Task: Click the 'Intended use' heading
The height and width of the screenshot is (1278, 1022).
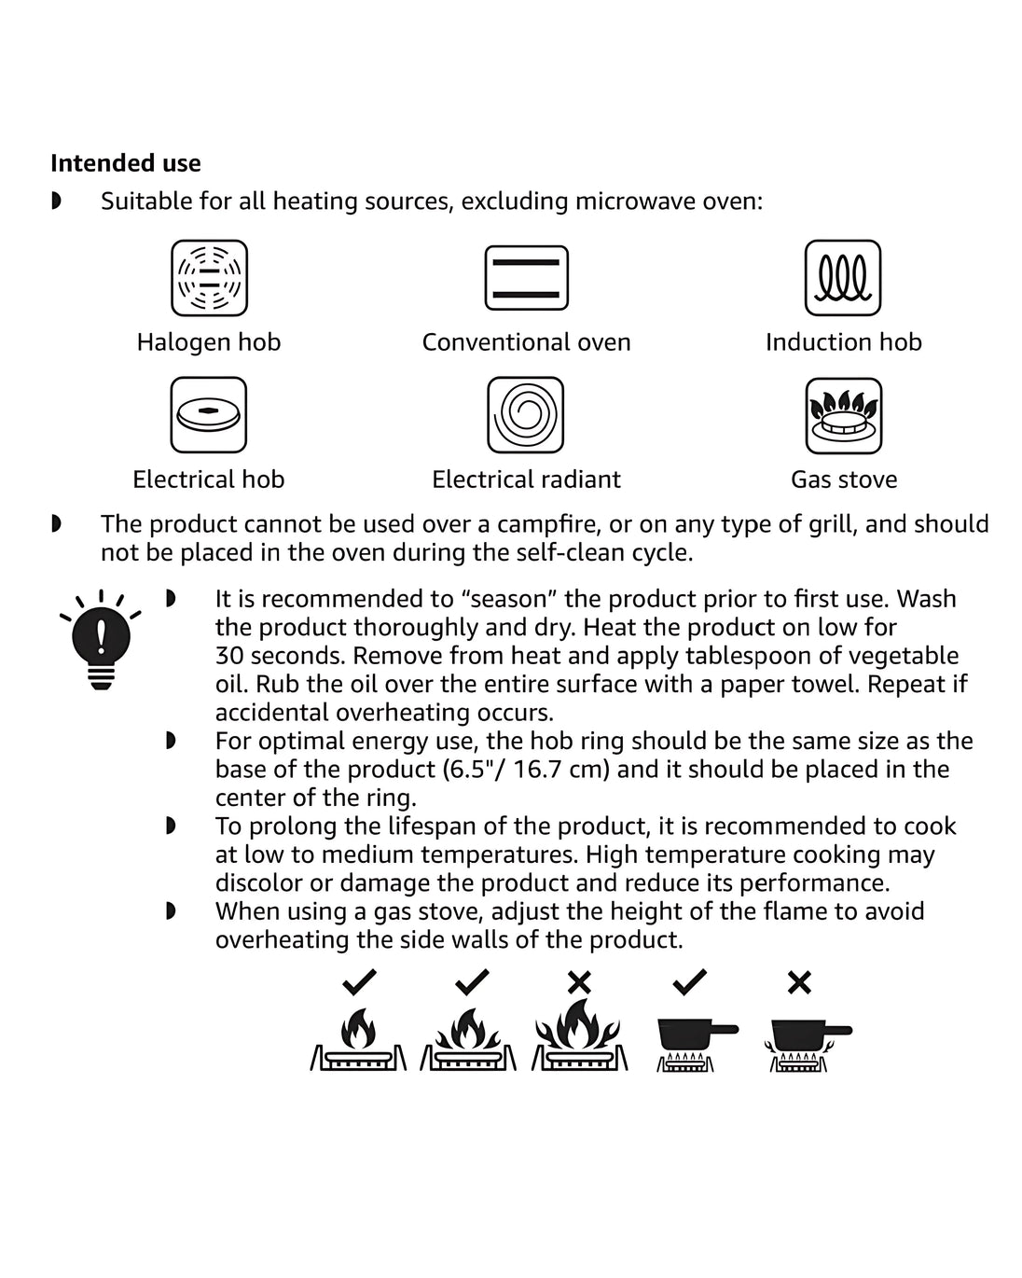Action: click(x=125, y=163)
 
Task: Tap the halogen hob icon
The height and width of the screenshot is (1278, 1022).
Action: click(x=209, y=278)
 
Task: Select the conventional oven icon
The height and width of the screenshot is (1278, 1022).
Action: click(x=526, y=278)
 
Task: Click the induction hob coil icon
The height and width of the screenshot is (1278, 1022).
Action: click(x=843, y=278)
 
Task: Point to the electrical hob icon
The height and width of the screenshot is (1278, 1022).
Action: click(x=209, y=414)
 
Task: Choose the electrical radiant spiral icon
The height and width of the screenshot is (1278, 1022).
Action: click(x=526, y=414)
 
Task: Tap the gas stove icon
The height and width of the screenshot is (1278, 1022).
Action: click(x=843, y=415)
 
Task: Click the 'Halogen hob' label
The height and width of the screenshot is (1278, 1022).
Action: click(x=209, y=342)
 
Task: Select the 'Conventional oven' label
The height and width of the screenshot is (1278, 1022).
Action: click(x=526, y=342)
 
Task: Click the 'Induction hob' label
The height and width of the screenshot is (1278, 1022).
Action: click(x=843, y=342)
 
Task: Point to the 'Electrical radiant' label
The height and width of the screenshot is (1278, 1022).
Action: click(x=526, y=479)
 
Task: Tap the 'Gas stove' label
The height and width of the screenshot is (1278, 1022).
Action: click(x=843, y=479)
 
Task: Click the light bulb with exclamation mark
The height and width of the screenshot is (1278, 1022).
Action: click(x=101, y=641)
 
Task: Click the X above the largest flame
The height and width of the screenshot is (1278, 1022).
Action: click(x=579, y=982)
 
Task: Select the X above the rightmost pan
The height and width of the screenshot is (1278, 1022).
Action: click(x=799, y=982)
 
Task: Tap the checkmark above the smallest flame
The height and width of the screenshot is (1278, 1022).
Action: click(x=359, y=981)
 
